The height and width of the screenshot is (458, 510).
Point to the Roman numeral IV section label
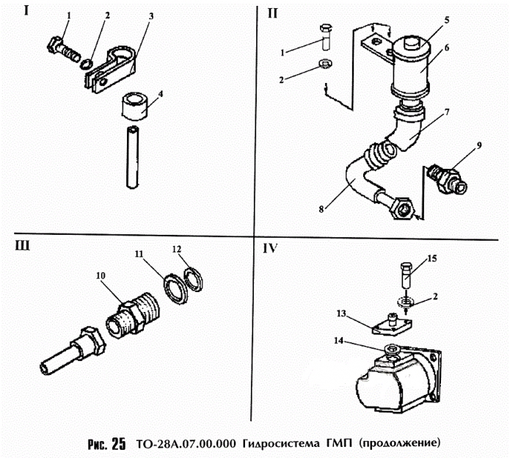click(270, 248)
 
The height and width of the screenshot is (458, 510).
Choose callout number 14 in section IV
click(338, 341)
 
